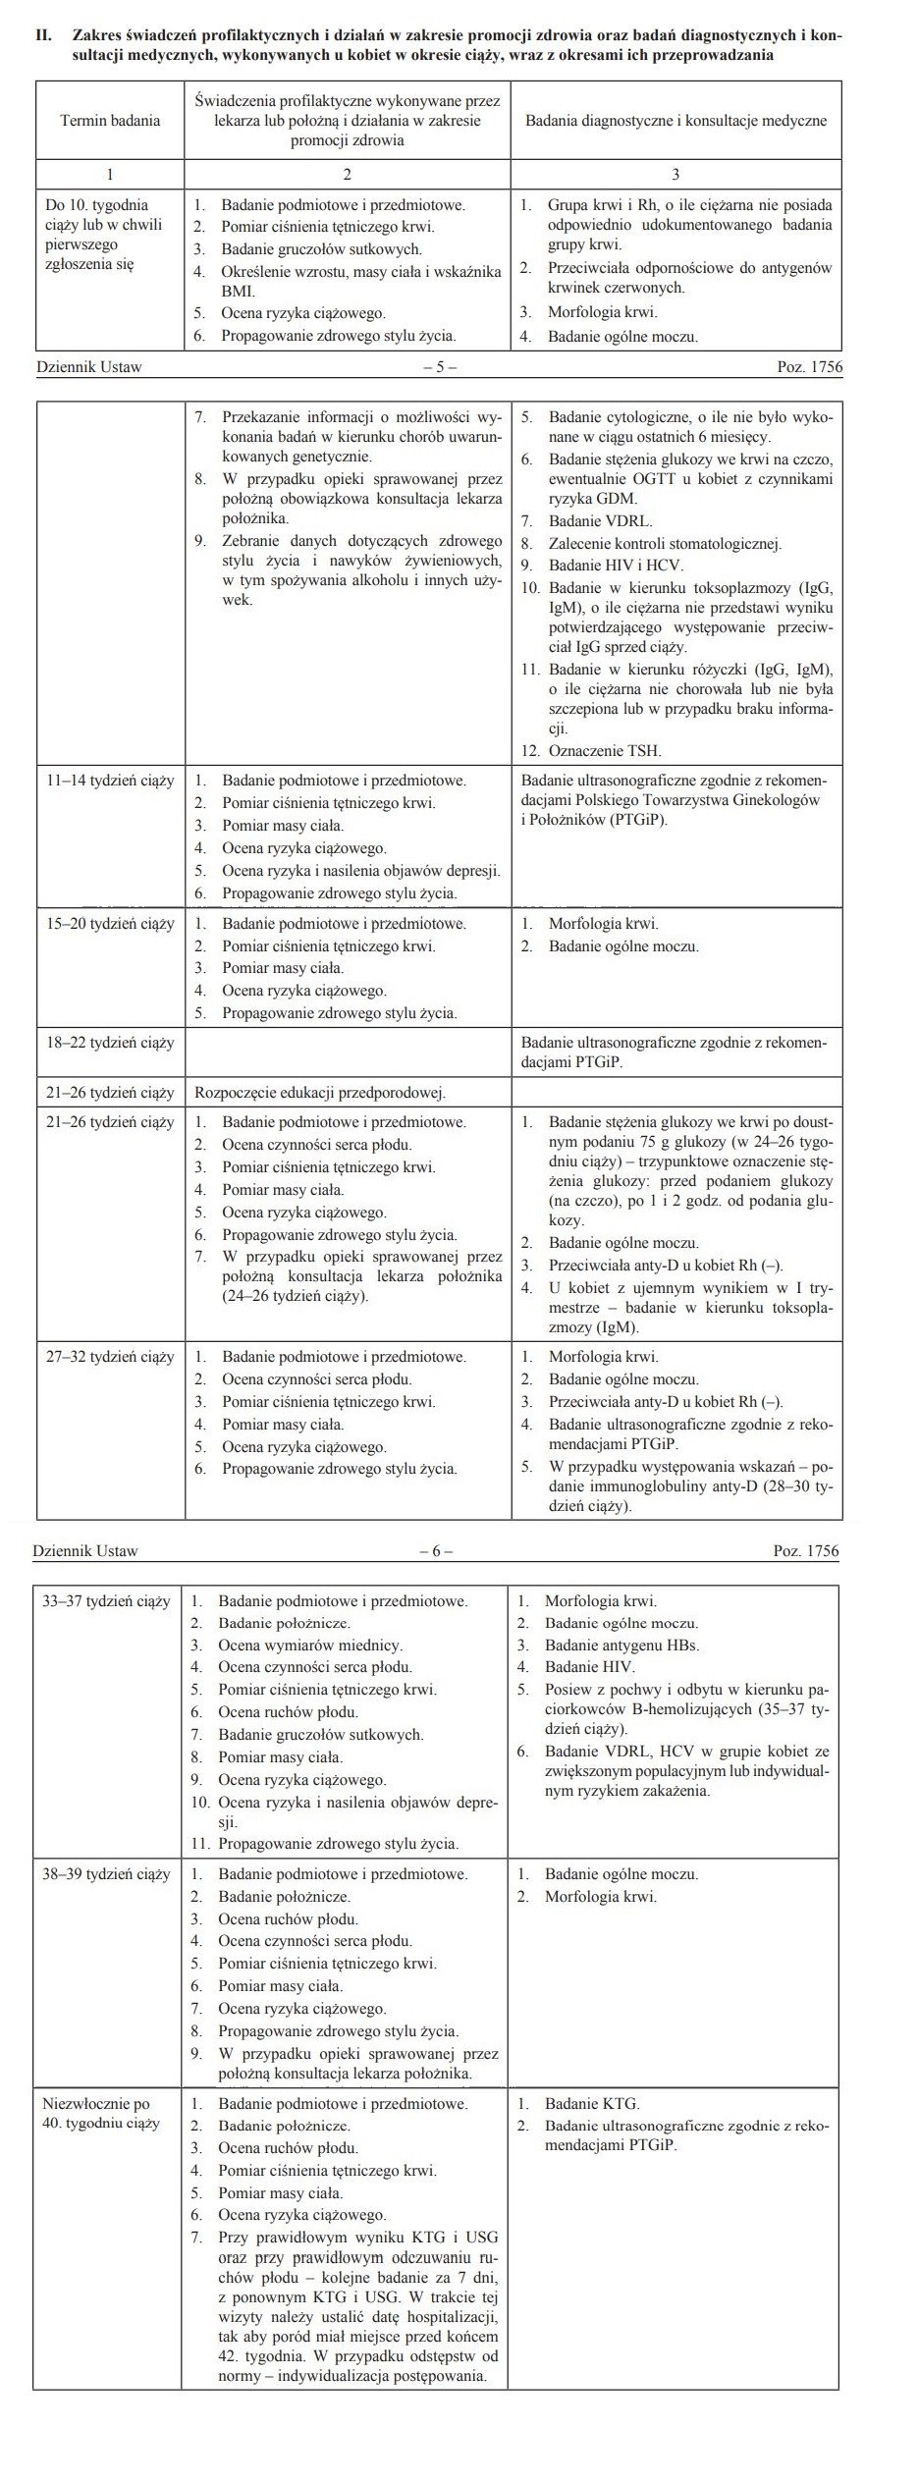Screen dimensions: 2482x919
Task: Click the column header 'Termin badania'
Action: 110,121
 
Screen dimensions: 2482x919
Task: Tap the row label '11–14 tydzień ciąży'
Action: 110,781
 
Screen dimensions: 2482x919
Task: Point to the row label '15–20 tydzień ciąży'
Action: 110,924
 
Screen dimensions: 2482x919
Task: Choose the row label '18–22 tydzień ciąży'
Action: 110,1042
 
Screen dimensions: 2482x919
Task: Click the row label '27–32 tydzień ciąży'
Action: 110,1357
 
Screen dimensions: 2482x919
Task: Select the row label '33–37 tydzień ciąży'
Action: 106,1601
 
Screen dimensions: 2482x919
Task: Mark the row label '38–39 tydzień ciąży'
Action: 106,1873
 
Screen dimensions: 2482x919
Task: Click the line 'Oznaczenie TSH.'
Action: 605,751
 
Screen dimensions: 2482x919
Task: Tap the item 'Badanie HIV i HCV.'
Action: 616,566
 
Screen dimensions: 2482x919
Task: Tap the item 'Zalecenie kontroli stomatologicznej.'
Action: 665,543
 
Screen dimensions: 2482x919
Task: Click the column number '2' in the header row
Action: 347,174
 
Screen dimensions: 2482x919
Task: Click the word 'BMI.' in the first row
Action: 238,292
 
